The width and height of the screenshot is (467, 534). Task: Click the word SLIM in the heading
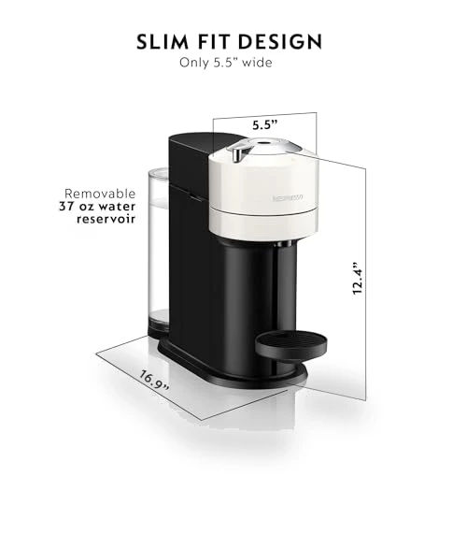pos(163,42)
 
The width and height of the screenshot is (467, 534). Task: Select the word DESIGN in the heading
pos(279,42)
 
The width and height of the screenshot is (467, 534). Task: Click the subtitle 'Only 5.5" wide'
pos(225,63)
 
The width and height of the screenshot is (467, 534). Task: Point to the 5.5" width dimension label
pos(265,125)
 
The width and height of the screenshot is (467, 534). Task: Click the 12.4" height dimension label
pos(358,279)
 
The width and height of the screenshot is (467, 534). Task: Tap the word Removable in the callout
pos(100,194)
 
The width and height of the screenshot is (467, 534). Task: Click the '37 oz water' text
pos(97,207)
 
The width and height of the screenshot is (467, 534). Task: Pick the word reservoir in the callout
pos(106,219)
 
